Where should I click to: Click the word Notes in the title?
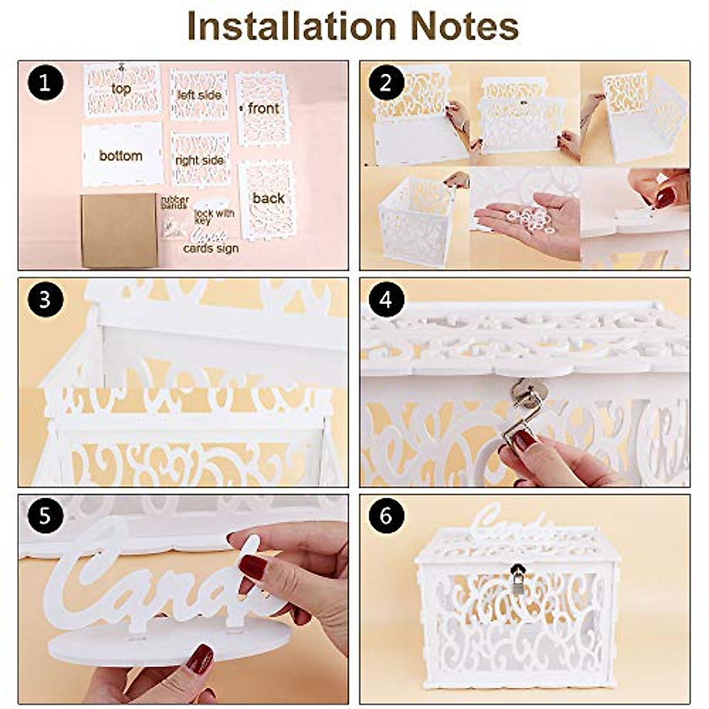point(464,27)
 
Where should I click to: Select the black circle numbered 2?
point(386,83)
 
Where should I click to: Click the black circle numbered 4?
point(386,300)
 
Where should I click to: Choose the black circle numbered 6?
point(386,516)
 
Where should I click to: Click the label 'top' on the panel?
point(121,89)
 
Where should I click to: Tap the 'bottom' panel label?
point(121,156)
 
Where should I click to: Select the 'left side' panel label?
point(199,95)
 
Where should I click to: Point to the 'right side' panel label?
point(199,161)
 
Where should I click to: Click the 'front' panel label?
point(263,109)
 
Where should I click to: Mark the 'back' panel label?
point(268,199)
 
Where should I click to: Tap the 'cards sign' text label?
point(211,249)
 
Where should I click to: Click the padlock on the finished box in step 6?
point(518,583)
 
